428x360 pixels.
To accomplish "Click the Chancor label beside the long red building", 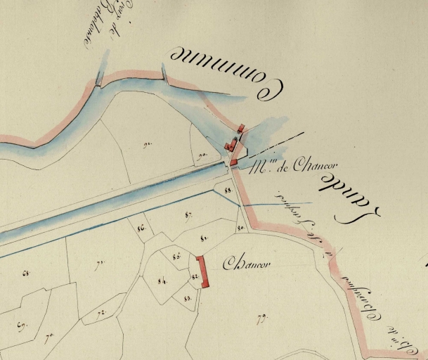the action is point(247,265).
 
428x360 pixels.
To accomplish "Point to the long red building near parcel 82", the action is point(203,271).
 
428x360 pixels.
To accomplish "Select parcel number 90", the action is point(202,155).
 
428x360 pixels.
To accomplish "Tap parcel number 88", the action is point(228,190).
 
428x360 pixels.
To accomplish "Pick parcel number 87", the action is point(188,214).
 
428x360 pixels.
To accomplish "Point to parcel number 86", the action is point(141,227).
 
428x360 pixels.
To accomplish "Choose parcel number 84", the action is point(162,281).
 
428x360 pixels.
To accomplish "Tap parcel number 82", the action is point(194,277).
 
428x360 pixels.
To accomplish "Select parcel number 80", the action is point(240,229).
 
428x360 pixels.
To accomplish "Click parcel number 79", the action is point(261,319).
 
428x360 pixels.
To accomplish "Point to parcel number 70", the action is point(49,338).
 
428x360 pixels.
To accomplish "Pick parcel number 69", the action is point(21,325).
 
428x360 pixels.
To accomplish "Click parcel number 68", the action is point(27,272).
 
